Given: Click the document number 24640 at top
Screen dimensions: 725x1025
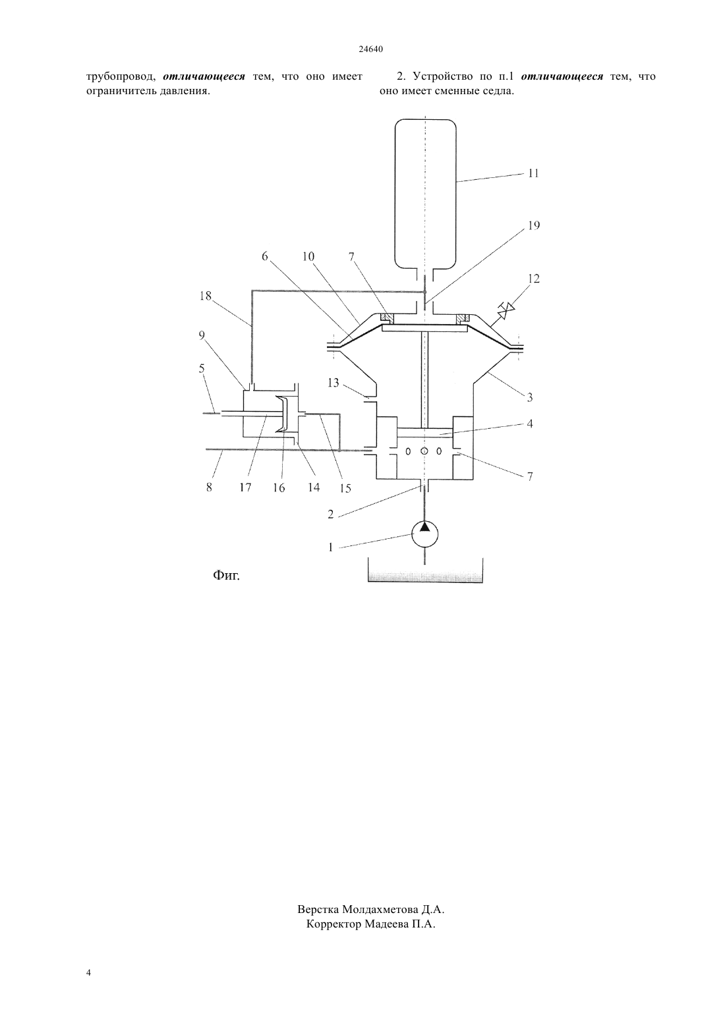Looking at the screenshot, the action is pyautogui.click(x=370, y=49).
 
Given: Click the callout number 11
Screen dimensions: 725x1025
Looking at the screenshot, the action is pyautogui.click(x=533, y=173).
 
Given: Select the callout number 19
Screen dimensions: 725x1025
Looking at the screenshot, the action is pyautogui.click(x=534, y=225).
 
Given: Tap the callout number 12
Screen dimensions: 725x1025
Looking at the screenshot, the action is pyautogui.click(x=534, y=279).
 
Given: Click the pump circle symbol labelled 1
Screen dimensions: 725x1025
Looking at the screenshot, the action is pyautogui.click(x=424, y=534).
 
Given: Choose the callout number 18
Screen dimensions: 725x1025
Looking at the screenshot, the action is pyautogui.click(x=206, y=296).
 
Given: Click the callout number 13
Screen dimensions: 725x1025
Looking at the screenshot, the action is pyautogui.click(x=333, y=382).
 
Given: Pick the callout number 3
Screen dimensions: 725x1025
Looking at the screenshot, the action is pyautogui.click(x=529, y=397).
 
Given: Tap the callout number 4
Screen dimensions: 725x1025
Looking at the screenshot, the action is pyautogui.click(x=529, y=424).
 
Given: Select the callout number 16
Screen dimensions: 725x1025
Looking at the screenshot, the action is pyautogui.click(x=279, y=488).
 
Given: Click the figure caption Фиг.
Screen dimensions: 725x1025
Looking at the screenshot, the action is pyautogui.click(x=226, y=575).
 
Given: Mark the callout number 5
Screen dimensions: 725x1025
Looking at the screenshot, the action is pyautogui.click(x=202, y=368).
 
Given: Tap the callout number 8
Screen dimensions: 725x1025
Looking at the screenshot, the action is pyautogui.click(x=209, y=487).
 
